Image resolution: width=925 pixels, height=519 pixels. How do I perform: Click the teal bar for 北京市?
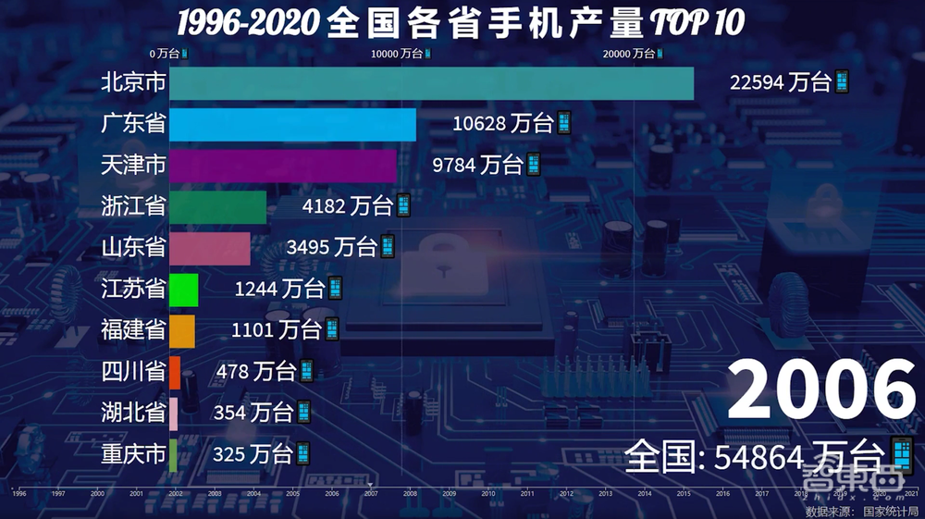(x=431, y=83)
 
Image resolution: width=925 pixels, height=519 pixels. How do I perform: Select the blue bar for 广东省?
(x=292, y=124)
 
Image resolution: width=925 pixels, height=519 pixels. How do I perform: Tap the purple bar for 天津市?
(x=282, y=166)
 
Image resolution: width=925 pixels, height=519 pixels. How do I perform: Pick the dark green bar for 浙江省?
(x=217, y=206)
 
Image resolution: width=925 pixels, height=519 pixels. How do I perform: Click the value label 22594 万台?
(x=780, y=82)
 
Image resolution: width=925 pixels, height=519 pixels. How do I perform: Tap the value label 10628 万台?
(x=502, y=123)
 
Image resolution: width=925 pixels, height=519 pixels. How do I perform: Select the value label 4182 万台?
(x=347, y=206)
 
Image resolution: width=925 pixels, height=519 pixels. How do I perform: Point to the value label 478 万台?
(x=255, y=372)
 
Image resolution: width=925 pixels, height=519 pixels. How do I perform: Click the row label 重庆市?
(x=133, y=453)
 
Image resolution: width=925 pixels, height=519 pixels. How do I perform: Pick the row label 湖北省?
(x=133, y=412)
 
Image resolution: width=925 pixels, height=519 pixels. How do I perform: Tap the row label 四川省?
(x=133, y=372)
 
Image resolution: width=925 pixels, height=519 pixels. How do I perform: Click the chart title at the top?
(x=460, y=22)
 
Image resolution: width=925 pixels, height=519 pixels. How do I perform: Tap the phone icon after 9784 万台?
(x=533, y=166)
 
